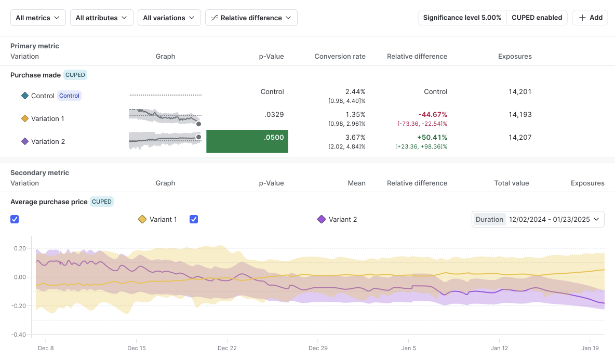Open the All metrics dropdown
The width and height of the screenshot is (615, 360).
tap(38, 18)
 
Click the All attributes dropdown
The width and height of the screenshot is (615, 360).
tap(102, 18)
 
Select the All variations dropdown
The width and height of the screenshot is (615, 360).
tap(169, 18)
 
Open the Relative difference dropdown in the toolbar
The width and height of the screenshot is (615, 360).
tap(251, 18)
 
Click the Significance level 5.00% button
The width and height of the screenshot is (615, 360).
tap(462, 18)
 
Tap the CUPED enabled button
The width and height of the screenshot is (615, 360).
tap(537, 18)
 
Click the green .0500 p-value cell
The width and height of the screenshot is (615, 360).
tap(247, 141)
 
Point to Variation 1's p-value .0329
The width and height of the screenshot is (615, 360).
tap(274, 114)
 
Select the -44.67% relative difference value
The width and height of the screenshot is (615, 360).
tap(433, 114)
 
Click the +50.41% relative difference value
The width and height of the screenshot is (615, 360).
tap(432, 137)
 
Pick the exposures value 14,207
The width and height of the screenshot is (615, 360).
tap(520, 137)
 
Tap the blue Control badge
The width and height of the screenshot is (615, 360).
tap(70, 96)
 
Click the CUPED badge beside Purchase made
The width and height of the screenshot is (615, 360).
tap(75, 75)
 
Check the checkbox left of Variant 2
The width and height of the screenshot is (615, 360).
tap(194, 219)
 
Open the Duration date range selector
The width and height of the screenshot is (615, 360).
tap(538, 219)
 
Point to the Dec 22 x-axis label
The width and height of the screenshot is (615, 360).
tap(227, 348)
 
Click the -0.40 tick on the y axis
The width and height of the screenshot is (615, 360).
tap(19, 335)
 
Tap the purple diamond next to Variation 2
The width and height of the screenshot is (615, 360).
tap(25, 141)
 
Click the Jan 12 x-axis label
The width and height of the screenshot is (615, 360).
tap(499, 348)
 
